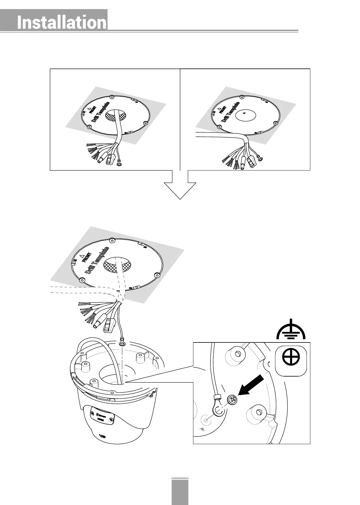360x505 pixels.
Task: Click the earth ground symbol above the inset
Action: click(291, 330)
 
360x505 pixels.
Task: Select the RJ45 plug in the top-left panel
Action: click(110, 159)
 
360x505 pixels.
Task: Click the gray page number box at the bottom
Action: click(180, 492)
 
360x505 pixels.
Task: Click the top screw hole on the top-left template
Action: click(111, 97)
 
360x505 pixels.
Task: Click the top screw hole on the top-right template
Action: click(242, 97)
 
